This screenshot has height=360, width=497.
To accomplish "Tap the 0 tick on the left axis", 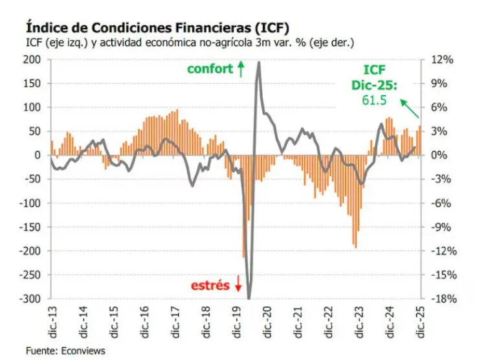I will tap(38, 155).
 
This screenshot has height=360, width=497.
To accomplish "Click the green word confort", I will tap(210, 69).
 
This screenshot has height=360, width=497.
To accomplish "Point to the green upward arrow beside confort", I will tap(241, 68).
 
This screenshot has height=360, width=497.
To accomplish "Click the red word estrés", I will tap(210, 284).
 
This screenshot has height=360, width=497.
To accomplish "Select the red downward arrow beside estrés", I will tap(237, 284).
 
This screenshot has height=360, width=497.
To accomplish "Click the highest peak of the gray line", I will tap(259, 62).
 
